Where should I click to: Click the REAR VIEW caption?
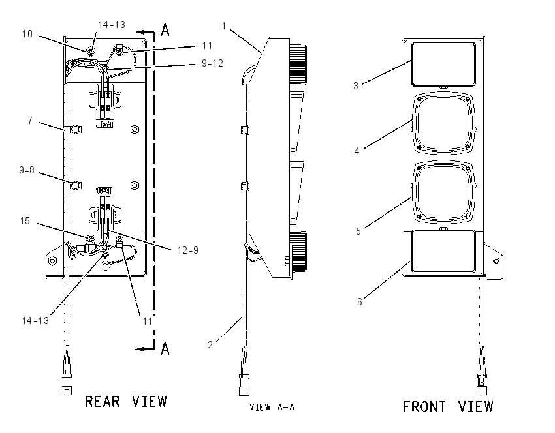(x=126, y=402)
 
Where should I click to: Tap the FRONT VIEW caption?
(x=448, y=406)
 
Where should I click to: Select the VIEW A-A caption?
(x=272, y=407)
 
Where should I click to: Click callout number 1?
(x=224, y=26)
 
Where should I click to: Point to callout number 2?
(x=210, y=344)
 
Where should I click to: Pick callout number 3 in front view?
(x=356, y=86)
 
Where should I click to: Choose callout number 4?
(x=357, y=151)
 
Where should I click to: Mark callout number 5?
(x=358, y=231)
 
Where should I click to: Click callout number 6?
(x=359, y=301)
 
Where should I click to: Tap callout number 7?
(x=30, y=121)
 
